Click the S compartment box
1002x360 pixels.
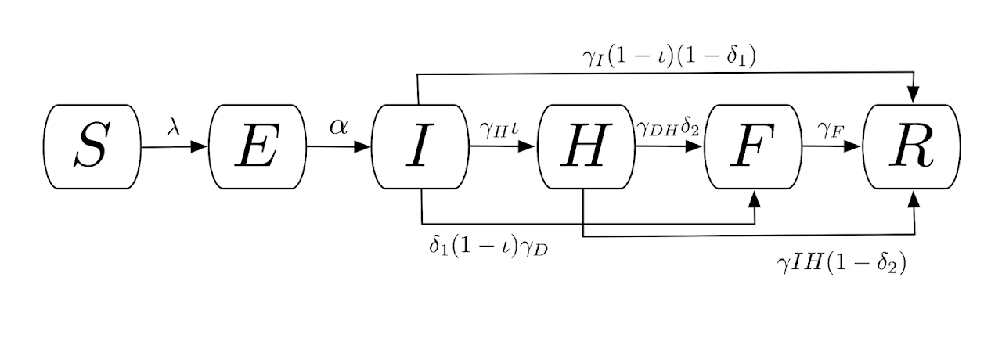pyautogui.click(x=92, y=147)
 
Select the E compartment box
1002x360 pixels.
pyautogui.click(x=258, y=147)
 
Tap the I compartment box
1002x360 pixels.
pyautogui.click(x=420, y=147)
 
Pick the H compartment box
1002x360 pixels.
pyautogui.click(x=586, y=147)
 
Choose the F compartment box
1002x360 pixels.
pyautogui.click(x=752, y=147)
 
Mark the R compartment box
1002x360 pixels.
pyautogui.click(x=911, y=147)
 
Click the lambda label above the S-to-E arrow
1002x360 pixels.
pyautogui.click(x=174, y=125)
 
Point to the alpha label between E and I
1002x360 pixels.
pyautogui.click(x=338, y=125)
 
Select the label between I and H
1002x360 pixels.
pyautogui.click(x=499, y=127)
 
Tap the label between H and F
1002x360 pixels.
pyautogui.click(x=668, y=127)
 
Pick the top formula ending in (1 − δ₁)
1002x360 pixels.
pyautogui.click(x=668, y=56)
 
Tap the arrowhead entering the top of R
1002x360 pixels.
pyautogui.click(x=913, y=94)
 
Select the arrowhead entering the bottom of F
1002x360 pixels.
pyautogui.click(x=755, y=200)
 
